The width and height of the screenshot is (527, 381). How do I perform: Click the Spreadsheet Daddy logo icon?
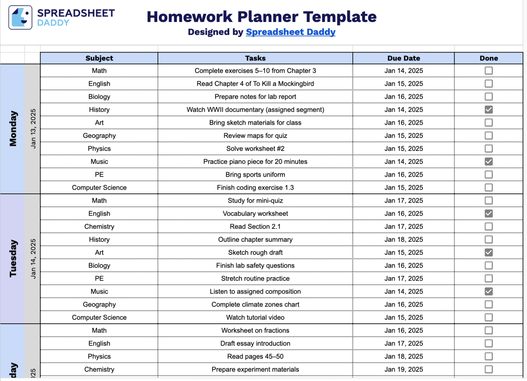(x=20, y=17)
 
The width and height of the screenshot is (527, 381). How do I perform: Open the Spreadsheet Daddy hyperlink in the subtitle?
(x=290, y=32)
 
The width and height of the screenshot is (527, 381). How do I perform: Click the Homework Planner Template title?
(x=261, y=16)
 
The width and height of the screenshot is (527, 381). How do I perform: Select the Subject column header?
(x=99, y=58)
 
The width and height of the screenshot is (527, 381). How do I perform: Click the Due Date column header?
(x=403, y=58)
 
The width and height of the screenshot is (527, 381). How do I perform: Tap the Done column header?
(x=489, y=58)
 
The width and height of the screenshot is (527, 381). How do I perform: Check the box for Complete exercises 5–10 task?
(x=489, y=71)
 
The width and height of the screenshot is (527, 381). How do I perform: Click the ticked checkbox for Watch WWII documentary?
(x=489, y=110)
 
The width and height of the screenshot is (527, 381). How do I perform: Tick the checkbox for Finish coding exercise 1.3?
(x=489, y=188)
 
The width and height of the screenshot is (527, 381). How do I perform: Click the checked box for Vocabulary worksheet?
(x=489, y=214)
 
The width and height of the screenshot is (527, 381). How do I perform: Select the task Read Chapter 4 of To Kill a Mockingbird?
(x=255, y=84)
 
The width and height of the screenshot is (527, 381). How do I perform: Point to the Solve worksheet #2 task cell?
(x=255, y=148)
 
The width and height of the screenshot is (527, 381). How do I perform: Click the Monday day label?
(x=13, y=129)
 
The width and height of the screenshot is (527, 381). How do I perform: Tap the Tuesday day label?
(x=13, y=258)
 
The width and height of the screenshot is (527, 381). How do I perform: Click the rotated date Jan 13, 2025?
(x=33, y=129)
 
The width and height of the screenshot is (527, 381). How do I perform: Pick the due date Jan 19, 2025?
(x=403, y=369)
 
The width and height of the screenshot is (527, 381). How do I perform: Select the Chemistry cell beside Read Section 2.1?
(x=99, y=227)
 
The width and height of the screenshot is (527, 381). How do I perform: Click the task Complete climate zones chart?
(x=255, y=305)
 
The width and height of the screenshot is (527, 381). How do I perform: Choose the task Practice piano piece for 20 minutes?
(x=255, y=162)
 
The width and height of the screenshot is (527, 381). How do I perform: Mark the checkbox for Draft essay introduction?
(x=489, y=343)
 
